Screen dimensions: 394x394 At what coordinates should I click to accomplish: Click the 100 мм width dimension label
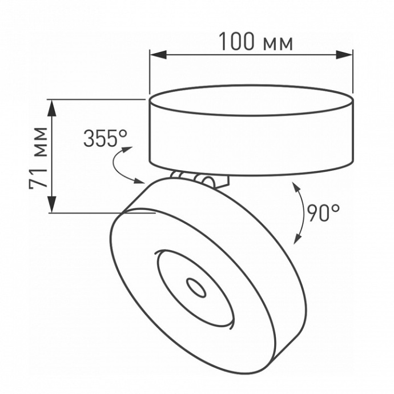256,42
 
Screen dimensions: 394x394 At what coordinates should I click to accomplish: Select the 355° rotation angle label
105,138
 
